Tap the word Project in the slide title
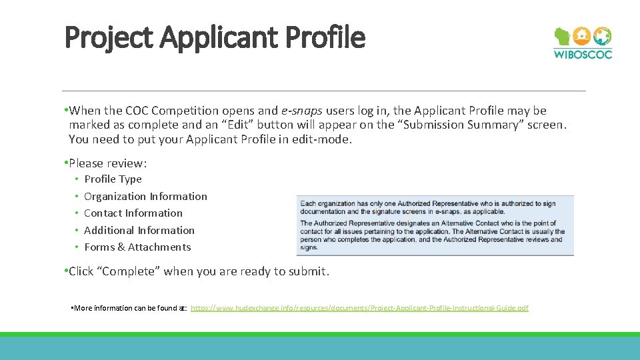click(x=110, y=38)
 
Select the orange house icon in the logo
click(x=582, y=35)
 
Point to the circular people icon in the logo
click(x=602, y=36)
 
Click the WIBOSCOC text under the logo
click(x=583, y=55)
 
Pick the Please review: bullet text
click(x=107, y=163)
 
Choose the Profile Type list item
click(x=113, y=179)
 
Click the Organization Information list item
click(x=145, y=197)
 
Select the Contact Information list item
click(x=133, y=213)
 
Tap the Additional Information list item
click(x=139, y=231)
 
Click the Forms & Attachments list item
click(x=137, y=247)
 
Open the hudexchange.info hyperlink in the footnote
click(x=359, y=308)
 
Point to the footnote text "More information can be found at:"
click(x=130, y=308)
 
